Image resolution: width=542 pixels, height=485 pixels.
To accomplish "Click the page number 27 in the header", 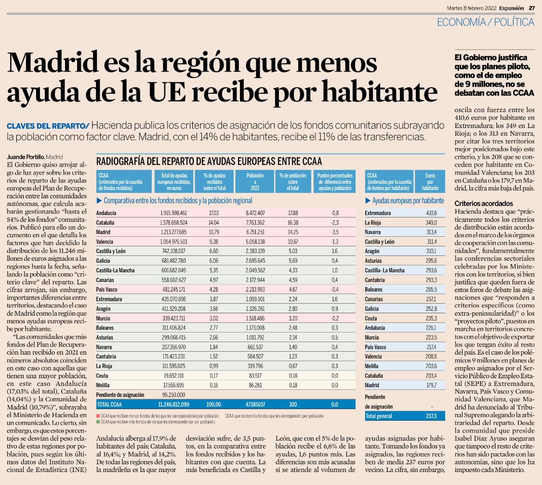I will click(x=532, y=7).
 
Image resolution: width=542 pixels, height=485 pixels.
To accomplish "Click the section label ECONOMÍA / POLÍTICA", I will click(x=486, y=22).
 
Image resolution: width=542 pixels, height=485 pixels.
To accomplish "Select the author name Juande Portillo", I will click(x=26, y=156).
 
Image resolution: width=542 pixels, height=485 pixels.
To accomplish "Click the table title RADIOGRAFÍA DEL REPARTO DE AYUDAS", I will click(x=209, y=161).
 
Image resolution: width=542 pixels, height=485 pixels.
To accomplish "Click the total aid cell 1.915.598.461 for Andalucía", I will click(x=173, y=213).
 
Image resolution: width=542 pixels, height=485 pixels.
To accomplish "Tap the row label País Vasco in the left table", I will click(x=106, y=290).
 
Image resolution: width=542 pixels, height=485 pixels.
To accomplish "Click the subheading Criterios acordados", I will click(x=484, y=204).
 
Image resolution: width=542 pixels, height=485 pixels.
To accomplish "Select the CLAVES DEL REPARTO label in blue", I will click(x=47, y=126).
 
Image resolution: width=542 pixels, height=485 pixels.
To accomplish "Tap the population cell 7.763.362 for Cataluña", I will click(x=254, y=222).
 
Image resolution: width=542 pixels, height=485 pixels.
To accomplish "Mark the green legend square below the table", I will click(x=98, y=421).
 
